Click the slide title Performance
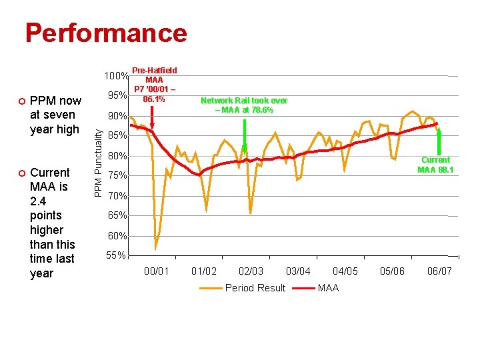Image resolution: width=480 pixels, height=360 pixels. point(106,33)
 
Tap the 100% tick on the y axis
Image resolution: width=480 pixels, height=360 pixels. point(116,74)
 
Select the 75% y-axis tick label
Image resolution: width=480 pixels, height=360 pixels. point(117,176)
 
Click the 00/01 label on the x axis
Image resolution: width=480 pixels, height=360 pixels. point(157,271)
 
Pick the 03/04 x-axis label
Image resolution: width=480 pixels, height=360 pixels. point(298,271)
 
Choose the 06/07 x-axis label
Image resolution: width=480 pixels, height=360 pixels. point(439,271)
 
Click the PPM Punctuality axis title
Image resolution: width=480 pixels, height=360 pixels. point(98,163)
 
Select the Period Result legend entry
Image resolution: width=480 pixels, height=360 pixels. point(255,288)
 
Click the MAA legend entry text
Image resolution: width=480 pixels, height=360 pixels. point(328,288)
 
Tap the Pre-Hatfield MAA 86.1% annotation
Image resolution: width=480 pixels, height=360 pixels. point(154,84)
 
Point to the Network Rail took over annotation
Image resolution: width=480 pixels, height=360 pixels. point(244,105)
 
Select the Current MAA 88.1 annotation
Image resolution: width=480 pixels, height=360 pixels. point(435,165)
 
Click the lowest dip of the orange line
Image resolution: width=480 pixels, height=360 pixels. point(155,248)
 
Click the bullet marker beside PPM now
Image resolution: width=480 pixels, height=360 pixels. point(21,101)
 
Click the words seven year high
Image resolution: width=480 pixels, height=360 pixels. point(55,123)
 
